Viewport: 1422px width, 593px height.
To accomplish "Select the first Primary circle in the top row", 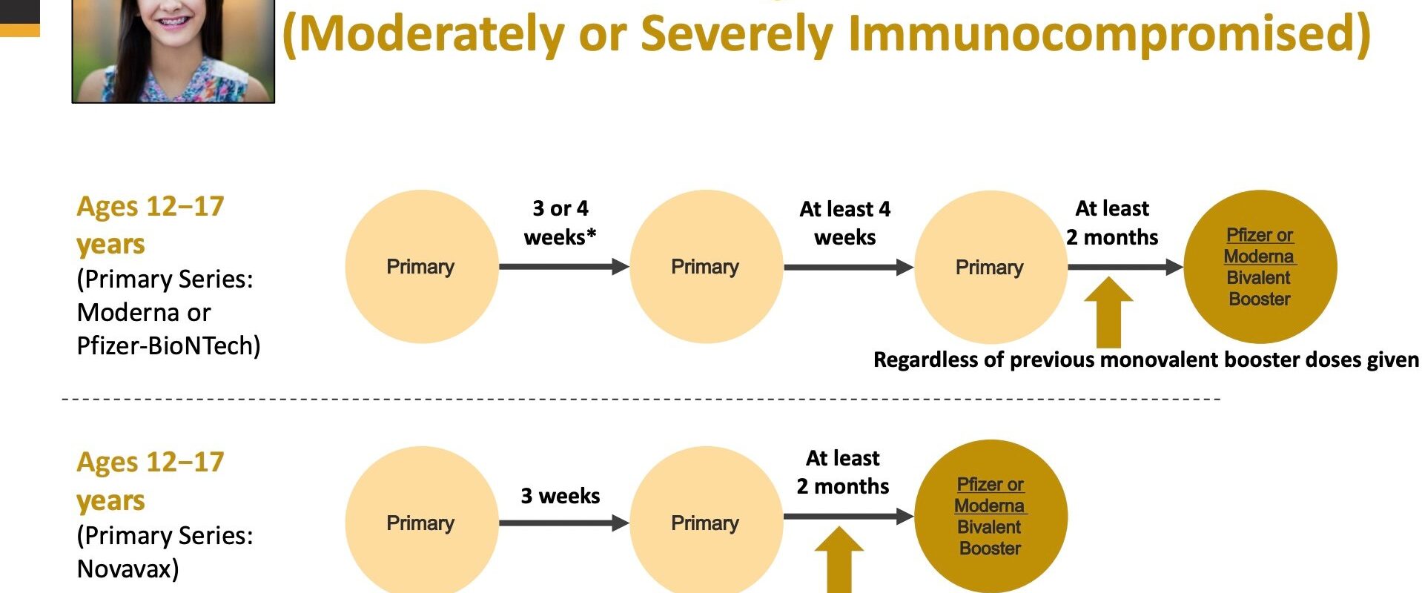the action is tap(422, 267).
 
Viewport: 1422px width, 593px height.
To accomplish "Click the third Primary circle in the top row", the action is tap(991, 267).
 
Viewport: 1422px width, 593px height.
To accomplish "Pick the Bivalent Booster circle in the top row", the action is tap(1260, 267).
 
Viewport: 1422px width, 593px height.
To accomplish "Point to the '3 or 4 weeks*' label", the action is tap(560, 222).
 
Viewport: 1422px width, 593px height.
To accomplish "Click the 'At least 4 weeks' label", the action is tap(845, 223).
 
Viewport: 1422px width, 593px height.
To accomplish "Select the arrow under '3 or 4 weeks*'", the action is tap(564, 267).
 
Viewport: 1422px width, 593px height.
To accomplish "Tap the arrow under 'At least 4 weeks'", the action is tap(849, 267).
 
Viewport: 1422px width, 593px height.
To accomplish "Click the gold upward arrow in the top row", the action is tap(1108, 312).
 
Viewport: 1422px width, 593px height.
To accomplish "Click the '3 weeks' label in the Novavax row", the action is tap(560, 496).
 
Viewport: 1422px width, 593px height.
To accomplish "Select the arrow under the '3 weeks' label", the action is tap(564, 523).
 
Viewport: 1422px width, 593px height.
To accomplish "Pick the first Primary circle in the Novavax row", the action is tap(422, 523).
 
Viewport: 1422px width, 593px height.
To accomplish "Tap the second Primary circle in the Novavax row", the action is tap(706, 523).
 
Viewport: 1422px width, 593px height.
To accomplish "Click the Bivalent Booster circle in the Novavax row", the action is tap(991, 517).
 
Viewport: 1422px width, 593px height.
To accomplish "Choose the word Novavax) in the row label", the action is tap(128, 569).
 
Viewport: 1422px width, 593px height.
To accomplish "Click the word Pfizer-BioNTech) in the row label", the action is tap(169, 346).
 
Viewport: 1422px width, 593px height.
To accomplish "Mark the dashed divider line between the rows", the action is tap(641, 400).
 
